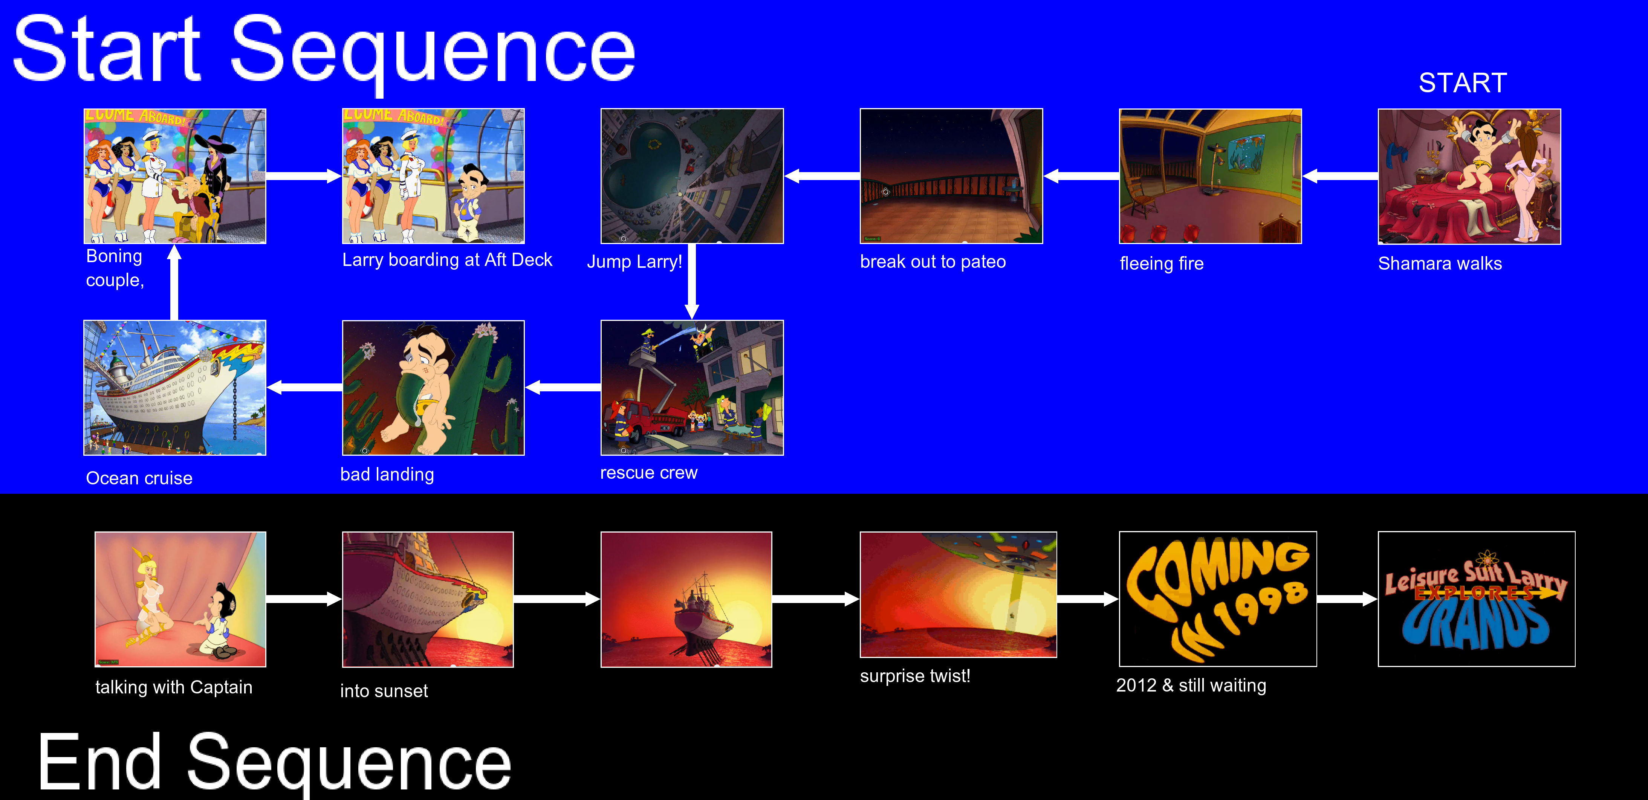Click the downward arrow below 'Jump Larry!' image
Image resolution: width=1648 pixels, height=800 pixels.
pyautogui.click(x=692, y=281)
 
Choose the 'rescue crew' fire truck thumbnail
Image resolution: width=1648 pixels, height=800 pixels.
pyautogui.click(x=692, y=388)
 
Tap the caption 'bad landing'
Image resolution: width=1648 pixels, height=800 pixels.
pyautogui.click(x=387, y=475)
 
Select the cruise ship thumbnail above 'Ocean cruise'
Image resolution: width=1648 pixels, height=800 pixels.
pyautogui.click(x=175, y=388)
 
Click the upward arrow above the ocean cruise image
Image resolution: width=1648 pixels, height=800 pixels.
pyautogui.click(x=174, y=282)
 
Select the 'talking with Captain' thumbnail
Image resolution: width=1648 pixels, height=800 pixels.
pyautogui.click(x=180, y=599)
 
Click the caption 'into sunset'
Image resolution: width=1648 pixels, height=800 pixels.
pyautogui.click(x=384, y=691)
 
